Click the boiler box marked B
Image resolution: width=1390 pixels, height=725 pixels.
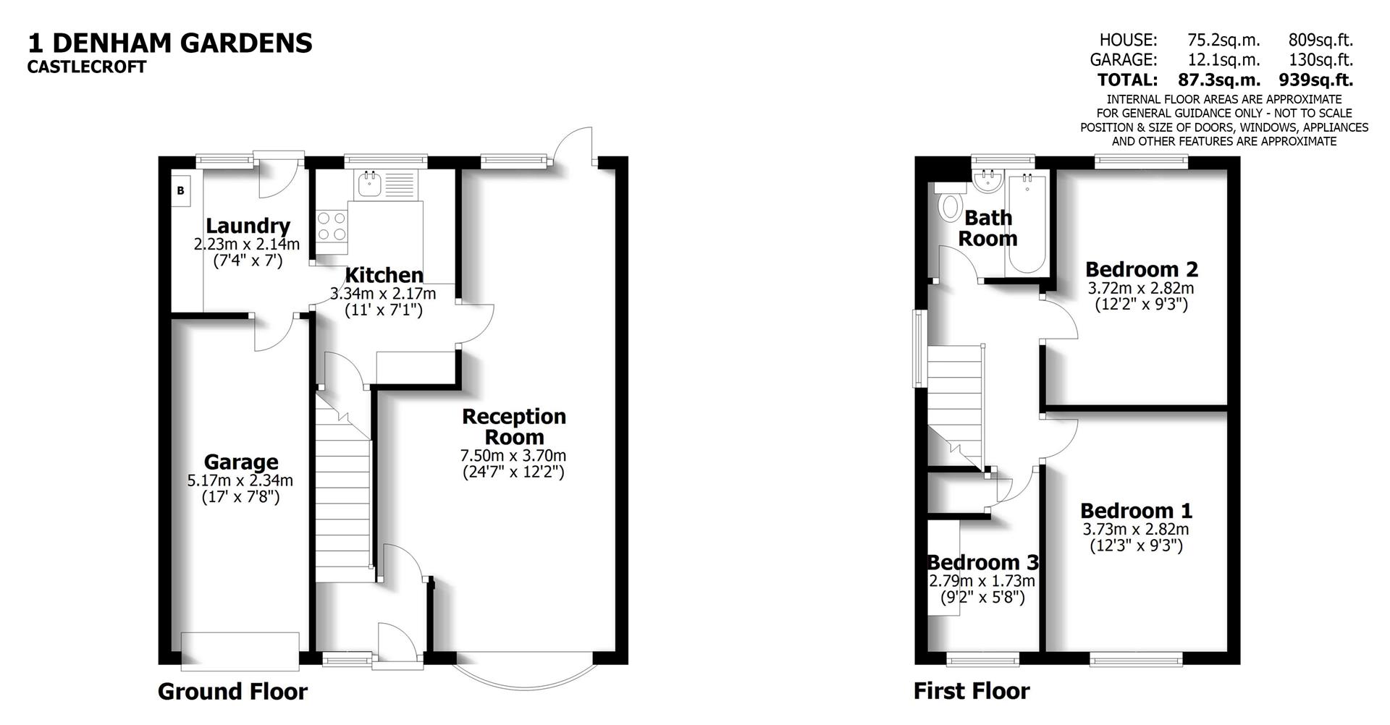pos(180,191)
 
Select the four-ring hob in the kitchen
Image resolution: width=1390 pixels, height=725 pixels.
pos(332,225)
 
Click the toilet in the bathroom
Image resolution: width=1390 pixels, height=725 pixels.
pos(948,204)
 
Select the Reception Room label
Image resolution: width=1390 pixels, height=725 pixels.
pos(514,427)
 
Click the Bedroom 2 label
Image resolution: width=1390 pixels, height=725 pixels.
pos(1141,269)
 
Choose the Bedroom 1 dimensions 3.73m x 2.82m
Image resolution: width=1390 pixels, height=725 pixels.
pos(1135,529)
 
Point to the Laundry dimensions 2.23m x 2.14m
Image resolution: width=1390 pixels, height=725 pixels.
pos(246,245)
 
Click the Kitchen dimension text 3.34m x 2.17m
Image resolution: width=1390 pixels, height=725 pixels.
pos(383,294)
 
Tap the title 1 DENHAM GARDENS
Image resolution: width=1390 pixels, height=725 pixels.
pos(170,43)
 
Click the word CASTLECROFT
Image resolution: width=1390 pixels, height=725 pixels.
pos(87,67)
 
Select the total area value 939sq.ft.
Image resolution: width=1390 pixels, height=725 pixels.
pos(1315,80)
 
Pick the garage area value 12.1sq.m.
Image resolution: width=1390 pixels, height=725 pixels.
pos(1223,60)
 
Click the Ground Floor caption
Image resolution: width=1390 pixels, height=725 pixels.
pos(232,692)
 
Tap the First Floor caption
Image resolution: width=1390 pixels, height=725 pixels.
pos(971,691)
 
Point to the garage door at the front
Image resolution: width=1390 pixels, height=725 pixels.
pos(240,648)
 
